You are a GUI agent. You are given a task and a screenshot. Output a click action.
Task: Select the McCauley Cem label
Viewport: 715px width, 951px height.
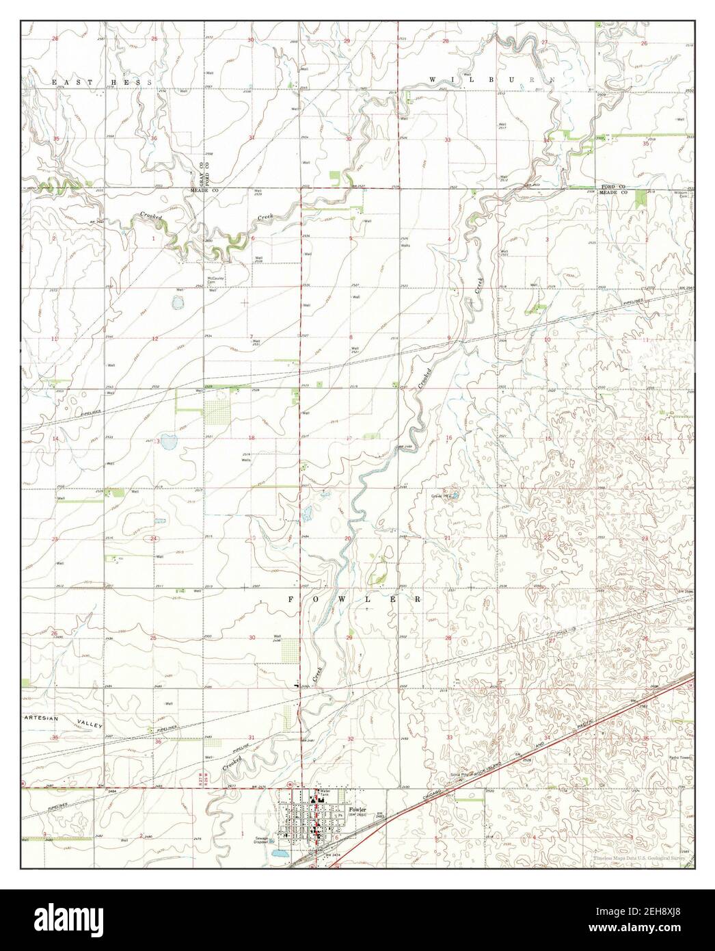point(217,280)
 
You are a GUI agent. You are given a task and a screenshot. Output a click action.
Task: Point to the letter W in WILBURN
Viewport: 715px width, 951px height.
point(432,81)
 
